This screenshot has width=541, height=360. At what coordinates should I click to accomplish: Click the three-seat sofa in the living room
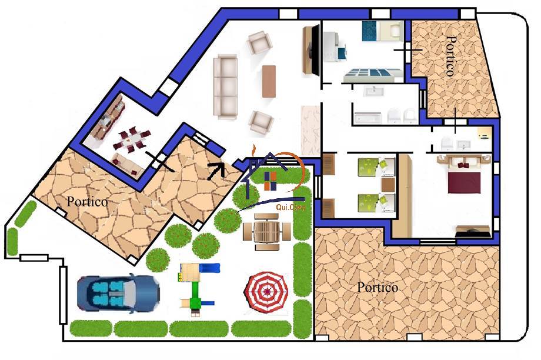click(x=225, y=86)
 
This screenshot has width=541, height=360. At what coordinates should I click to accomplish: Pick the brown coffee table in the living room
click(x=269, y=81)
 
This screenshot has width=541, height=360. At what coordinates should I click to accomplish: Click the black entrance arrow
click(x=215, y=170)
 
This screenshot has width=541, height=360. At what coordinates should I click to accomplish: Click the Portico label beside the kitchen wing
click(x=87, y=201)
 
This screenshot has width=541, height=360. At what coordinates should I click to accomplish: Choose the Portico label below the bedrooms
click(x=378, y=288)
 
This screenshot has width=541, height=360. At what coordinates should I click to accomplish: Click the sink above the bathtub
click(x=373, y=92)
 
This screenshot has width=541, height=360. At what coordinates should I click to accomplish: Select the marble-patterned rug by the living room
click(x=309, y=131)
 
